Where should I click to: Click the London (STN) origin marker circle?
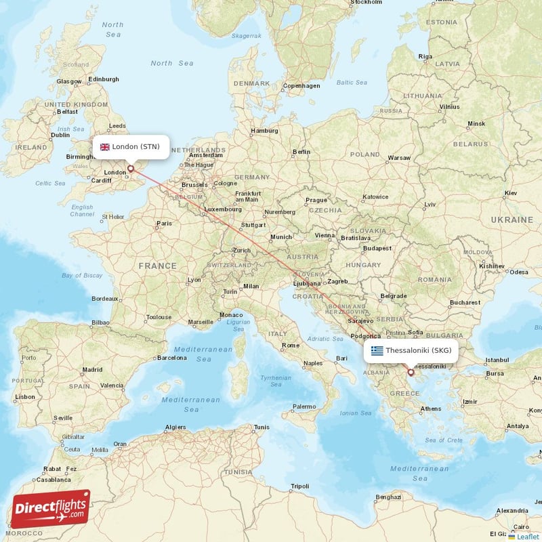[x=131, y=169]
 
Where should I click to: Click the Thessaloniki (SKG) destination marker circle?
[x=411, y=372]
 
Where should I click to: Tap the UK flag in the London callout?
[x=105, y=147]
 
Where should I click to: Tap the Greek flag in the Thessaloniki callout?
[x=377, y=350]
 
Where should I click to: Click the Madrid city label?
[x=92, y=370]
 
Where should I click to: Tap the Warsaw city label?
[x=399, y=158]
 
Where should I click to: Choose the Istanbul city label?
[x=497, y=359]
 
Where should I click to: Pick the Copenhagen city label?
[x=301, y=86]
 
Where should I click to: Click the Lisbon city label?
[x=25, y=397]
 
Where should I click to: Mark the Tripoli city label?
[x=299, y=486]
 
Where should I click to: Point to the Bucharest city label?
[x=464, y=302]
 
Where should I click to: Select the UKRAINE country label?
[x=513, y=220]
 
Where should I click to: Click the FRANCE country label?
[x=157, y=266]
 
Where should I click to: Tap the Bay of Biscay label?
[x=82, y=275]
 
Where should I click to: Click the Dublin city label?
[x=60, y=134]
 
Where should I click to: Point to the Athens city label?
[x=431, y=409]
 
